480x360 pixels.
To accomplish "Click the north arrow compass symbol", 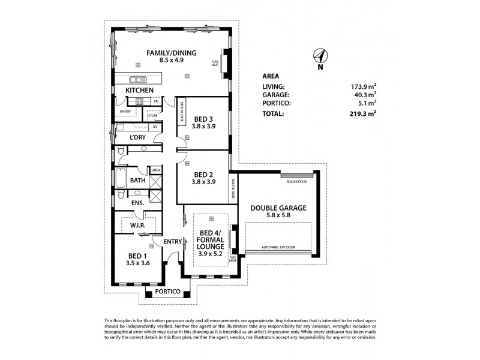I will point(320,56).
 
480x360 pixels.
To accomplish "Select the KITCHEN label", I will point(139,91).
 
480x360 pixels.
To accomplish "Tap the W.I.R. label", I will point(139,226).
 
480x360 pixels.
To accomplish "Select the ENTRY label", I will point(173,241).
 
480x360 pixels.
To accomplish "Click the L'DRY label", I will point(138,137).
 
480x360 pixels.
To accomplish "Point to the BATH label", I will point(138,180).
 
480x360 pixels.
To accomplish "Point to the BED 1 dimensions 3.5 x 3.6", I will point(138,262).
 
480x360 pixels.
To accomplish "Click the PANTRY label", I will point(125,112).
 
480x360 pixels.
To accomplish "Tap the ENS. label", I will point(137,203).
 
